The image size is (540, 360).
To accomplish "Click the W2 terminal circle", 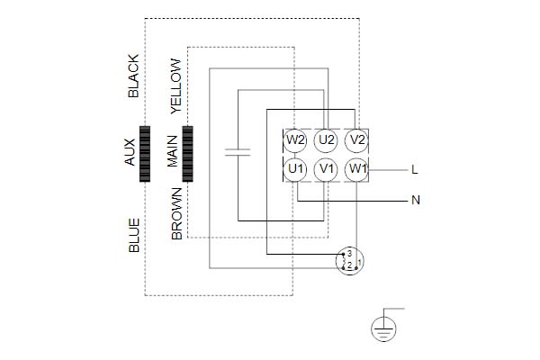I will point(295,140).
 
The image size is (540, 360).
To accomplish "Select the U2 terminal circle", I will point(327,140).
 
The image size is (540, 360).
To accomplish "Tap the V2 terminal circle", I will point(357,140).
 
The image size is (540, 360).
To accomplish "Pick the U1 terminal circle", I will point(295,168).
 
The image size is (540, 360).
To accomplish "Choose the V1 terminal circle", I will point(327,168).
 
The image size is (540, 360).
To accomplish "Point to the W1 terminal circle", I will point(357,168).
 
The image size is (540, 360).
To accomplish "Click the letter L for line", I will point(413,169).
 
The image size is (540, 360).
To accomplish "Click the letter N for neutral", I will point(415,201).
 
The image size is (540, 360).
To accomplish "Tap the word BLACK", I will point(134,76).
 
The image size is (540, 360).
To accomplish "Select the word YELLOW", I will point(176,86).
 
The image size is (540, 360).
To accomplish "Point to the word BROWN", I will point(176,213).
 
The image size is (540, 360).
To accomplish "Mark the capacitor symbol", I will point(238,154).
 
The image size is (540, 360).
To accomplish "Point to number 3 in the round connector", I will point(348,253).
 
